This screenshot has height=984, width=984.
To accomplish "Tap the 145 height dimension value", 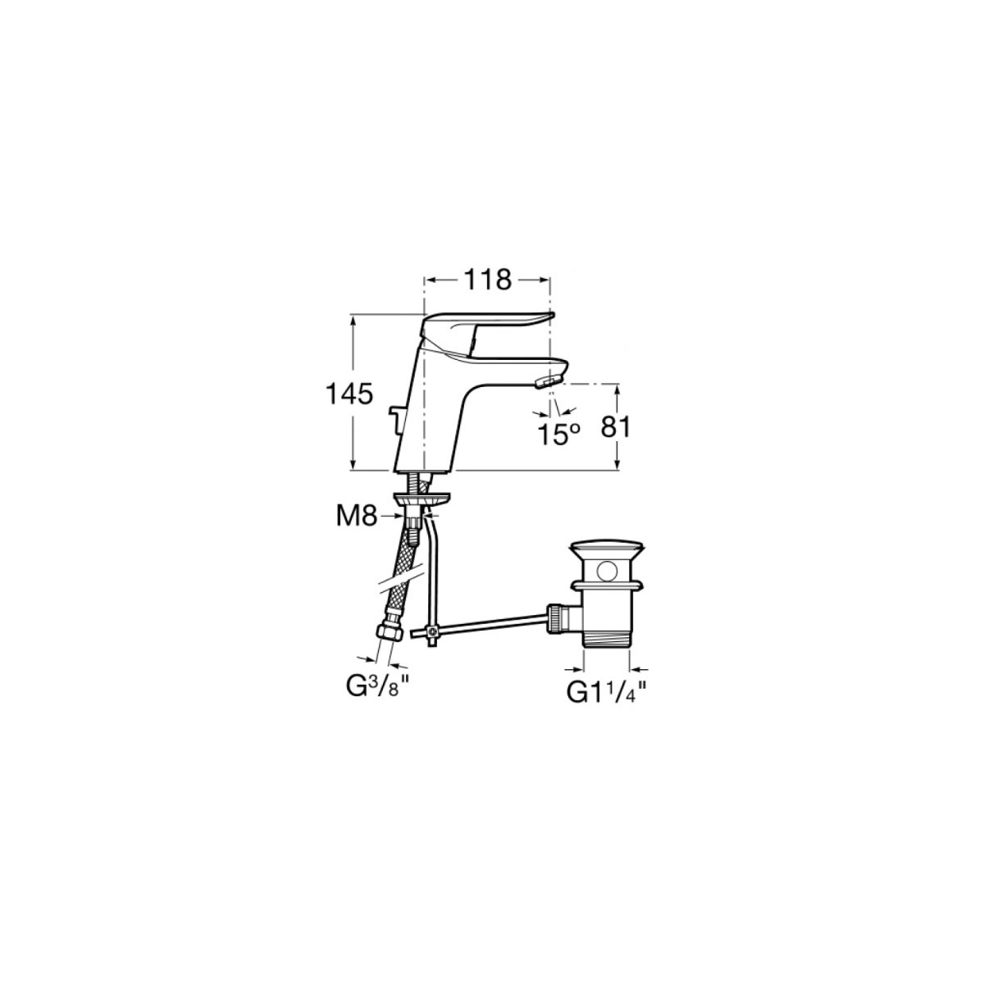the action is [x=350, y=394].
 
